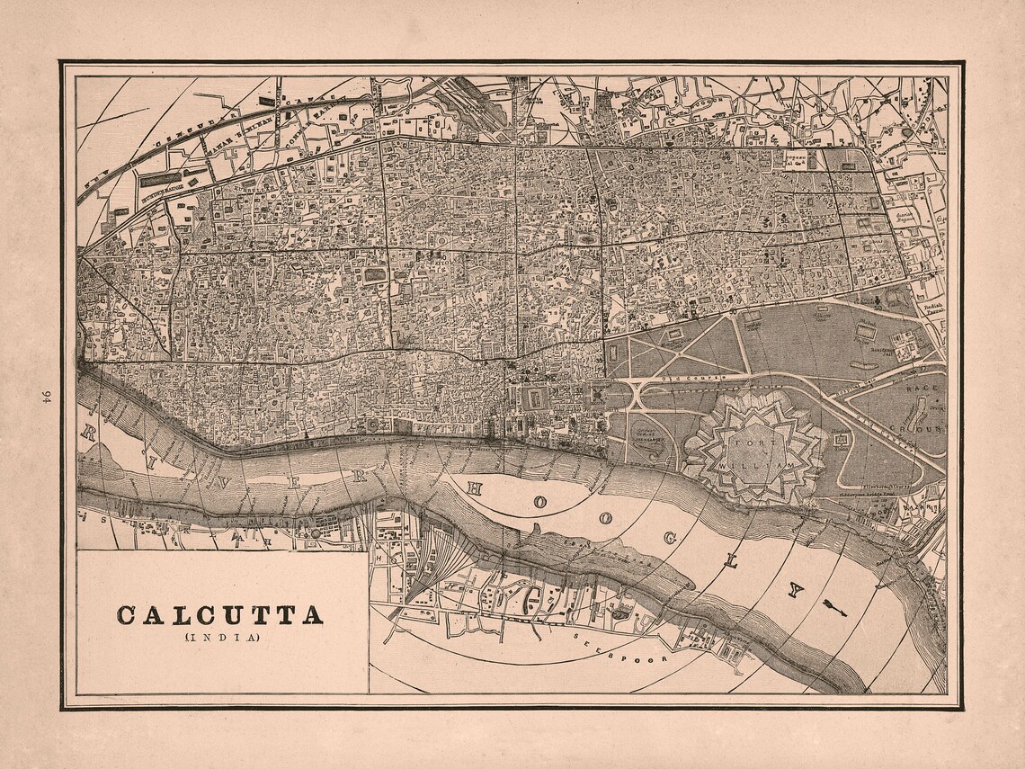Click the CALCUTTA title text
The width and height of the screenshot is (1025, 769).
tap(219, 616)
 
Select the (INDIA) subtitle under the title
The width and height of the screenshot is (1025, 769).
tap(221, 638)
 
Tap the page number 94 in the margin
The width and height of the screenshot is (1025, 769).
tap(45, 395)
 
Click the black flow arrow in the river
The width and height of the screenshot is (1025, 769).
tap(833, 608)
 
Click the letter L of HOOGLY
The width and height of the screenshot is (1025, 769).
tap(730, 561)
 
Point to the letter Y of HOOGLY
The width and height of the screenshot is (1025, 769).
tap(794, 590)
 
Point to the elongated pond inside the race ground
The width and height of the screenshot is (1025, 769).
tap(916, 416)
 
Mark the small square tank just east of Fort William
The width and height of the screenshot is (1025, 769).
tap(841, 442)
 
